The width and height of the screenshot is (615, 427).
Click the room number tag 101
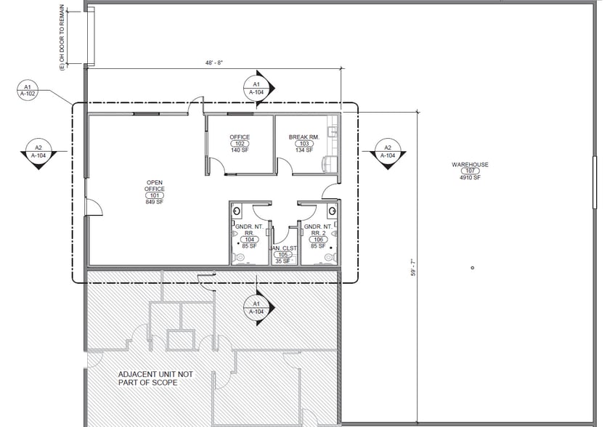tap(155, 195)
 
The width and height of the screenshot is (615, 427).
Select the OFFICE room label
tap(240, 137)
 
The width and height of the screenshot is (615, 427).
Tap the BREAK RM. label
tap(304, 137)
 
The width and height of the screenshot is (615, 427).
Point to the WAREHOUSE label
tap(470, 165)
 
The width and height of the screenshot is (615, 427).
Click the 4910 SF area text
tap(470, 178)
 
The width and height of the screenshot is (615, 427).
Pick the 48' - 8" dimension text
tap(214, 62)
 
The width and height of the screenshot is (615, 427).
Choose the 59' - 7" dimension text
tap(413, 267)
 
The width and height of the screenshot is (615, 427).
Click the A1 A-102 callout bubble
tap(28, 90)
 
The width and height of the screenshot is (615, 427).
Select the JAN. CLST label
tap(282, 248)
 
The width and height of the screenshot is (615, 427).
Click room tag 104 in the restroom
tap(250, 240)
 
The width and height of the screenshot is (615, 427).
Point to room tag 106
tap(318, 240)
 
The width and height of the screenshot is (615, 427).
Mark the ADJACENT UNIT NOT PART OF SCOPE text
tap(155, 378)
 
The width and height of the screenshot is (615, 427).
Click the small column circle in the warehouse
tap(472, 268)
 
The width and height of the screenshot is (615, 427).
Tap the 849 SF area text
tap(155, 202)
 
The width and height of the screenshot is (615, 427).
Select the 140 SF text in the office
tap(240, 150)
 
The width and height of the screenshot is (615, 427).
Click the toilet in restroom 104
tap(238, 258)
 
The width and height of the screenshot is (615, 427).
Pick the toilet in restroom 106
tap(330, 258)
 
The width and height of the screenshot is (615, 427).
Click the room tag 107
tap(470, 171)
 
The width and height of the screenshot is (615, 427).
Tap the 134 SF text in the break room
tap(304, 150)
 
